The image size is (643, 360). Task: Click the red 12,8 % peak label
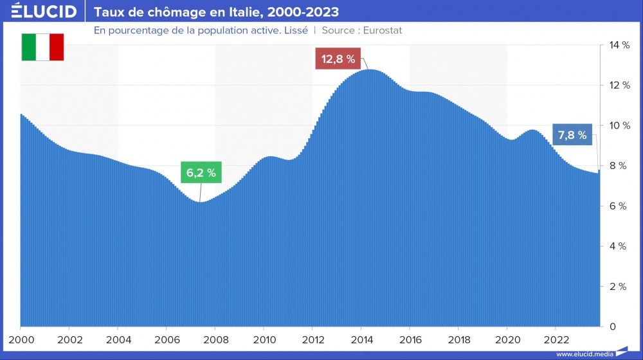[x=338, y=59]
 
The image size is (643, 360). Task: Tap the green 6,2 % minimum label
[x=201, y=172]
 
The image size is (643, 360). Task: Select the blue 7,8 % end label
[x=572, y=135]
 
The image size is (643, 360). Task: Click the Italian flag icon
[x=42, y=47]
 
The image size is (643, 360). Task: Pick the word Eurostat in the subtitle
[x=378, y=30]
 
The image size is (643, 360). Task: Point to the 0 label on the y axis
[x=612, y=327]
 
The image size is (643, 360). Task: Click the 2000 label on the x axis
[x=21, y=339]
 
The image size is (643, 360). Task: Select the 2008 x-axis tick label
[x=215, y=339]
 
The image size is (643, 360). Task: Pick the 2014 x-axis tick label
[x=361, y=339]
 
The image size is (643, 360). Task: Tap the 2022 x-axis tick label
[x=556, y=339]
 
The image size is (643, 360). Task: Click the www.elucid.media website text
[x=584, y=354]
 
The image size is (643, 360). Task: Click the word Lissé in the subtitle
[x=295, y=30]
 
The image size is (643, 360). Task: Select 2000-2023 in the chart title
[x=302, y=12]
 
